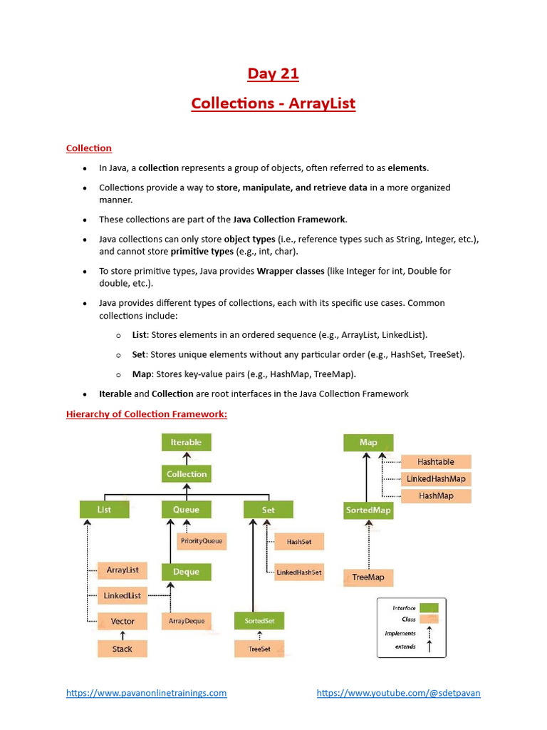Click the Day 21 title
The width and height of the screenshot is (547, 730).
273,73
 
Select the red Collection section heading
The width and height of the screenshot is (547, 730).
89,148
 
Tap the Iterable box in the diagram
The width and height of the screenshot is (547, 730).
186,443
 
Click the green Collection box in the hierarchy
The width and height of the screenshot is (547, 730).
187,474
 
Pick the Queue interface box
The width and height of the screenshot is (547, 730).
186,510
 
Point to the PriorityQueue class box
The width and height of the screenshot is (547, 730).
202,541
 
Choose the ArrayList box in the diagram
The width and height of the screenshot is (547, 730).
123,570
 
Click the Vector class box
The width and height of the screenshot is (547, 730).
123,621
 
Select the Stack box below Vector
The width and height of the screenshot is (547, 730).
123,649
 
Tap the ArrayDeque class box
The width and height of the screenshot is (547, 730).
187,621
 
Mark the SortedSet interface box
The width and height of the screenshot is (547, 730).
259,622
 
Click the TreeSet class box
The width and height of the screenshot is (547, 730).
259,649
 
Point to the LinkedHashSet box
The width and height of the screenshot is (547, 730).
299,572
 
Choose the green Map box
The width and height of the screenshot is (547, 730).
368,443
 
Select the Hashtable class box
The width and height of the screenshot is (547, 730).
436,462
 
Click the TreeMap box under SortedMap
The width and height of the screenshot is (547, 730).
368,577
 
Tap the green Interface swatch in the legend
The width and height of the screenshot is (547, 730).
429,608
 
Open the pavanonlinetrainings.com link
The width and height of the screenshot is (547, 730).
147,693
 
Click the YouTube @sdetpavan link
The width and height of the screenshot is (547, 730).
398,693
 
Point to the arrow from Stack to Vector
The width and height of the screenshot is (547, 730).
123,634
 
